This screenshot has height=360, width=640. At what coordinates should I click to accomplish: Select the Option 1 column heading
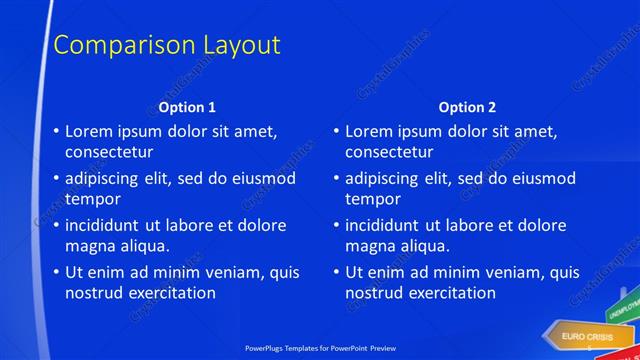pos(187,107)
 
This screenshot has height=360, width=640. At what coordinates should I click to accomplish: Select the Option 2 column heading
pos(467,107)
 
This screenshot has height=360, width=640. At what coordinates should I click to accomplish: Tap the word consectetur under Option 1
pos(109,152)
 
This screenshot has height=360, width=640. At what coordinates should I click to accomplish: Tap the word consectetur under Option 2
pos(389,152)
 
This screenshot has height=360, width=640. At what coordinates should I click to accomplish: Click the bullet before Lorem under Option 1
pos(55,131)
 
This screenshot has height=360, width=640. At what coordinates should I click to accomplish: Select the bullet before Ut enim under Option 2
pos(335,272)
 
